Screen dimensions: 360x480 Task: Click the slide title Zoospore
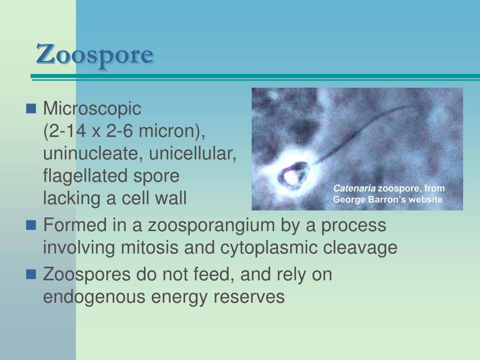point(95,55)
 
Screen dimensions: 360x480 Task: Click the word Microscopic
point(92,109)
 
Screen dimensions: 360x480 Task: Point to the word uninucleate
point(87,154)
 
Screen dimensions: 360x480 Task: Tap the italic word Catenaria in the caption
point(354,189)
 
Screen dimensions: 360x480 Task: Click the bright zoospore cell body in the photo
point(292,176)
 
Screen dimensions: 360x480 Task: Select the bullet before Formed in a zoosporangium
point(31,226)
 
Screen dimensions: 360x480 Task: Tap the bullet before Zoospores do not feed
point(31,275)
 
